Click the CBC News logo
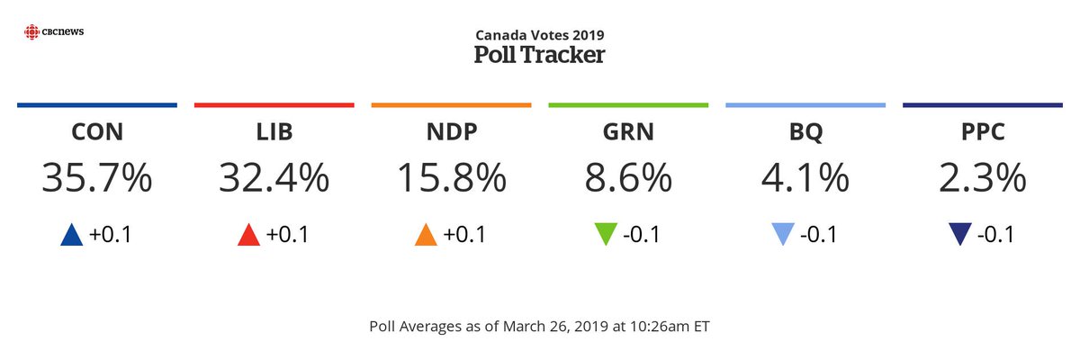click(54, 32)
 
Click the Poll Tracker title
click(539, 55)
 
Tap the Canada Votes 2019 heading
click(539, 34)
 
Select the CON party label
click(96, 133)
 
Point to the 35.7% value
click(96, 178)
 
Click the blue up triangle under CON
click(72, 235)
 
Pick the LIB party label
click(274, 133)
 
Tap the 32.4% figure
click(274, 178)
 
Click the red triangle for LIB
click(249, 235)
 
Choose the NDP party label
click(451, 133)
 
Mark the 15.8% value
click(451, 178)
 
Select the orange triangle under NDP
click(427, 235)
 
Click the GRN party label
click(628, 133)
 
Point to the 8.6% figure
click(628, 178)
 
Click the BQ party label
click(805, 133)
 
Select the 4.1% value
click(805, 178)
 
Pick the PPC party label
click(983, 133)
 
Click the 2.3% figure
click(983, 178)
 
